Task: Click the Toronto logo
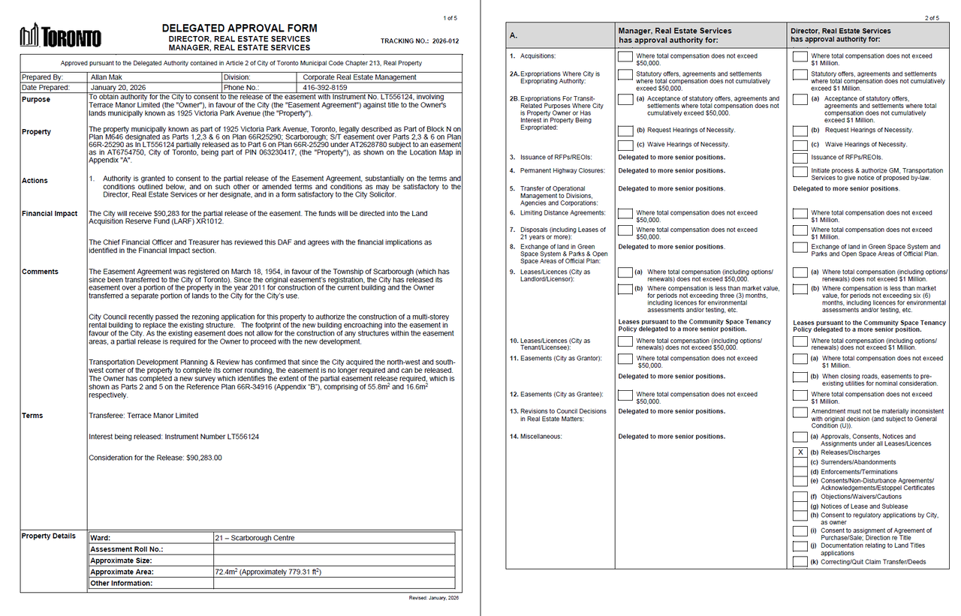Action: click(x=60, y=35)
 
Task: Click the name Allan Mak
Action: click(x=108, y=77)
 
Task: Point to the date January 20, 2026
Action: click(x=117, y=88)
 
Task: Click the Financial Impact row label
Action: click(x=50, y=214)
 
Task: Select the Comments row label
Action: click(x=41, y=272)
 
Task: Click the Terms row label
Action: click(x=33, y=416)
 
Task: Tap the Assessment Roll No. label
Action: click(x=127, y=549)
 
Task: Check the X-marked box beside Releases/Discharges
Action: click(x=800, y=453)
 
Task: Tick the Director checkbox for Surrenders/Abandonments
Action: click(x=800, y=463)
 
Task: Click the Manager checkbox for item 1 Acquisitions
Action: click(x=625, y=57)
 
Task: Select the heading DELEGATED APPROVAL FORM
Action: click(x=239, y=29)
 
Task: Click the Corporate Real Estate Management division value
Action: click(x=360, y=77)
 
